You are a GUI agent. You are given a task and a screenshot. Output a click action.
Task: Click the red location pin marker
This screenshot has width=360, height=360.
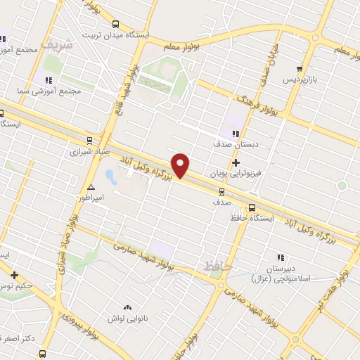tap(181, 165)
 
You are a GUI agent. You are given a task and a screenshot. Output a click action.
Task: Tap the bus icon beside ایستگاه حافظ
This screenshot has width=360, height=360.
tap(252, 207)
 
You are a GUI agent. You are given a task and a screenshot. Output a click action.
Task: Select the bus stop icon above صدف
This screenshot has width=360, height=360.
tap(222, 191)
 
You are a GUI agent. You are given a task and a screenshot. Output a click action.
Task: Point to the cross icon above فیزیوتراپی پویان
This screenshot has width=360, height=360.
tap(236, 162)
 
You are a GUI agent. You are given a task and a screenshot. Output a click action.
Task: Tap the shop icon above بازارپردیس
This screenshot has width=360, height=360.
tap(300, 69)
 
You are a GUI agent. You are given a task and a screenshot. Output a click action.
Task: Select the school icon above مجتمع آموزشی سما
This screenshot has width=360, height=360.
tap(49, 80)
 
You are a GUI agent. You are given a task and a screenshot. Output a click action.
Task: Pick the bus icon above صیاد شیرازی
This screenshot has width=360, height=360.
tap(89, 140)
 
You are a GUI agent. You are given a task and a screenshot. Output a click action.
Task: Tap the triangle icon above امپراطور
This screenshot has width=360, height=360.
tap(91, 188)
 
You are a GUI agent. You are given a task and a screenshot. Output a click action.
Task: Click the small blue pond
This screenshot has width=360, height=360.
tap(109, 174)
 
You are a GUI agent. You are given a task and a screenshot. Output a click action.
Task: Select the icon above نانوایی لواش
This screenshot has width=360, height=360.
tap(127, 307)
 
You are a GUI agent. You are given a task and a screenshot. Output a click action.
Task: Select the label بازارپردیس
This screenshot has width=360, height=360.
tap(301, 79)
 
